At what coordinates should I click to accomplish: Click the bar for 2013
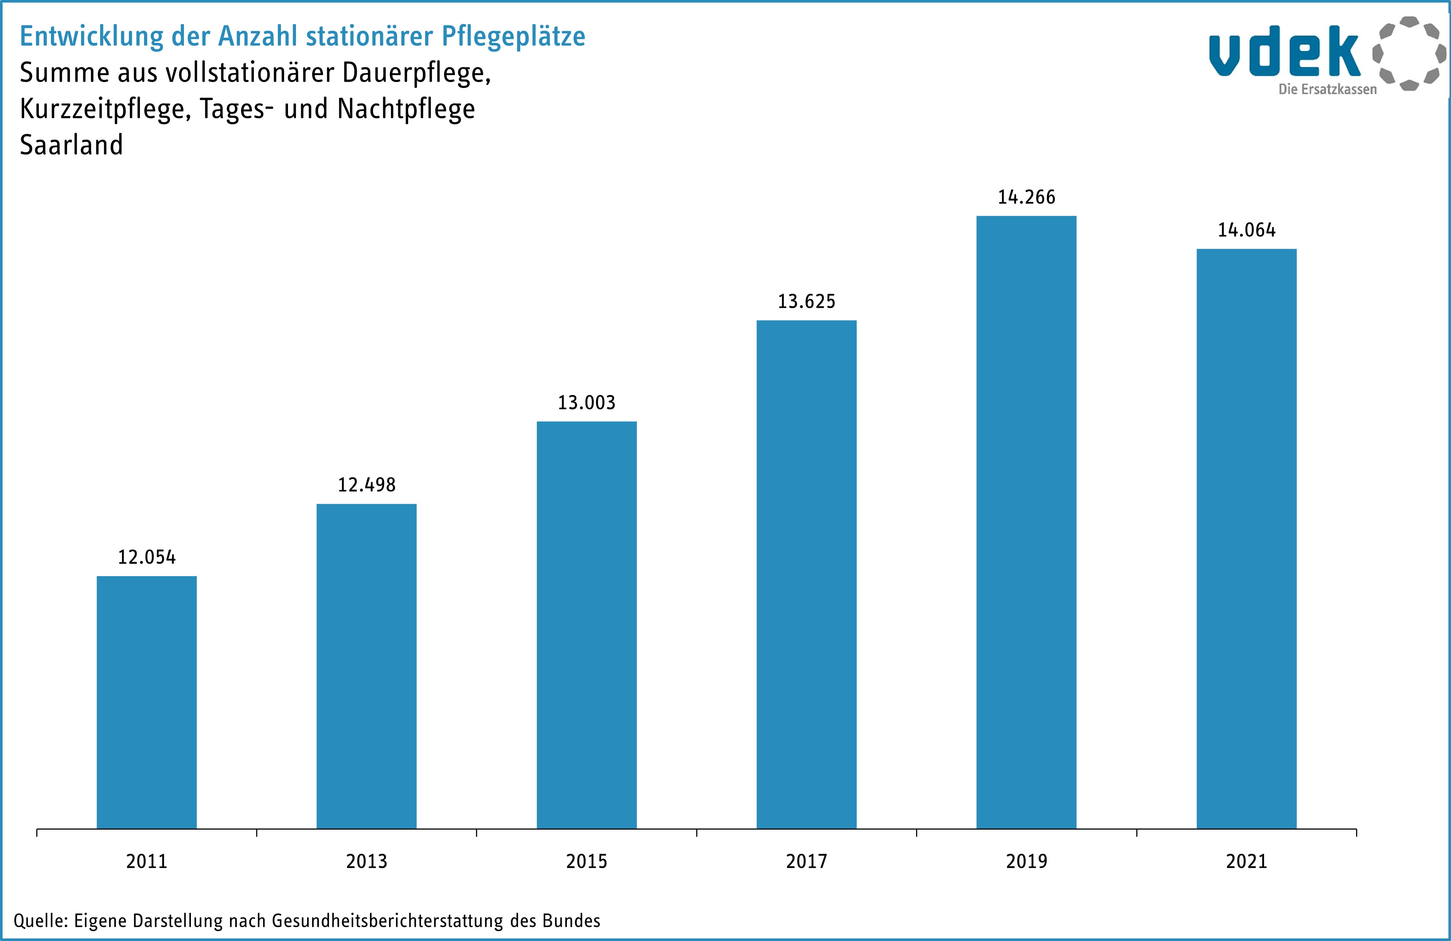click(x=366, y=665)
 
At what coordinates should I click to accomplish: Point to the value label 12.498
click(x=366, y=485)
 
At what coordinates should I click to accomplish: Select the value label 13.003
click(x=587, y=402)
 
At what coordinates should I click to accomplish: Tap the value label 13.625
click(x=806, y=301)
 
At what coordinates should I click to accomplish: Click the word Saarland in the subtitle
click(x=71, y=145)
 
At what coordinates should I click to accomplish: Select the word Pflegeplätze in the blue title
click(x=513, y=37)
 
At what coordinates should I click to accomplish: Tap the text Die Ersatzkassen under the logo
click(x=1327, y=90)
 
